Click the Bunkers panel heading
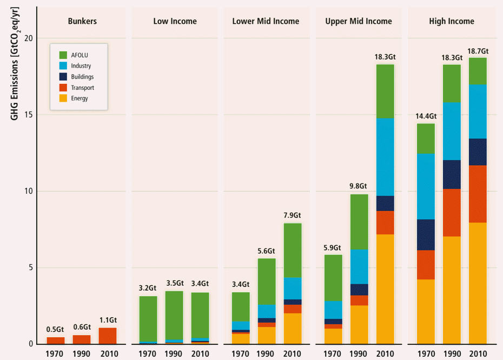click(x=82, y=22)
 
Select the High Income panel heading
click(x=451, y=22)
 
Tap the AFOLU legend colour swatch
click(x=63, y=55)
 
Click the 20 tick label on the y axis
click(x=28, y=38)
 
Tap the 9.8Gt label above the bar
click(x=359, y=187)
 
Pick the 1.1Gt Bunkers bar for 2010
click(x=108, y=336)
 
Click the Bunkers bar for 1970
click(x=56, y=341)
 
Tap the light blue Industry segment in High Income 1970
click(x=426, y=186)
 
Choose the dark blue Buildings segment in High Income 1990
click(x=452, y=174)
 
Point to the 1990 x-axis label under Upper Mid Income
click(x=359, y=354)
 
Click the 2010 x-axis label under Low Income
click(x=200, y=354)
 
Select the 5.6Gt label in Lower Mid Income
click(x=267, y=251)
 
